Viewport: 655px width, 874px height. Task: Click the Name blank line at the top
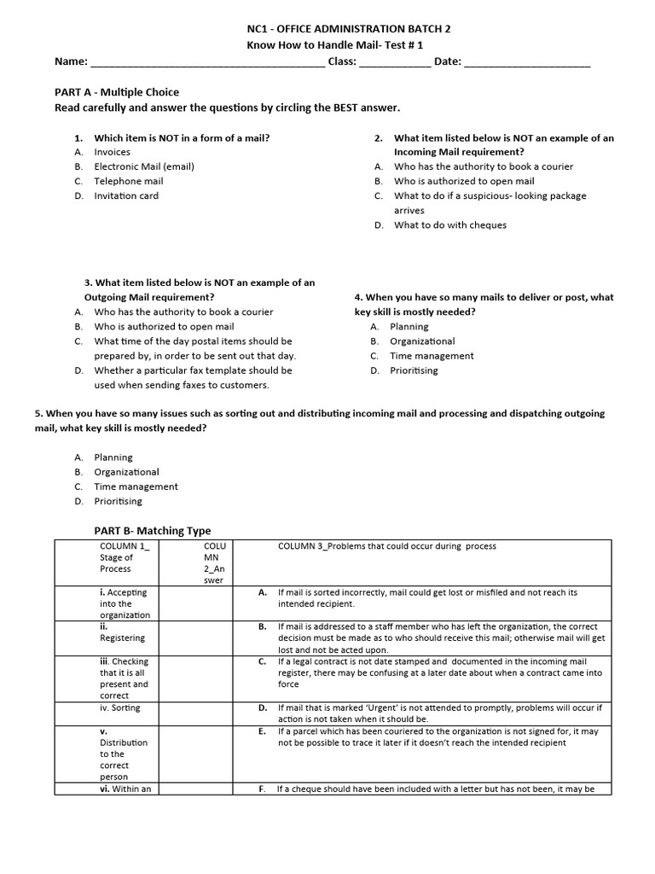click(206, 63)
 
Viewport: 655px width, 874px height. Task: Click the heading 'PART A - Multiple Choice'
click(117, 92)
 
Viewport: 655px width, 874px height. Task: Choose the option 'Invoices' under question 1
click(112, 152)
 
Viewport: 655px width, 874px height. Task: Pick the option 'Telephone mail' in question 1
click(128, 181)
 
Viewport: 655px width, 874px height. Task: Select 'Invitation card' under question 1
click(126, 195)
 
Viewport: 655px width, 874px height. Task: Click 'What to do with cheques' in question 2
click(449, 225)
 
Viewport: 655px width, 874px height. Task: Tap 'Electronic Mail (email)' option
click(144, 166)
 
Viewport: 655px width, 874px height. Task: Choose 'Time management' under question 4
click(432, 356)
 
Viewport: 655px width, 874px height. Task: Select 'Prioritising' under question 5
click(119, 501)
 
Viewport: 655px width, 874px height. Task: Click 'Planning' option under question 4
click(409, 327)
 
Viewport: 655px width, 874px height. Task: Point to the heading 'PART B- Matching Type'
click(152, 531)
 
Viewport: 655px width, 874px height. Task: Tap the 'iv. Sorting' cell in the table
click(120, 708)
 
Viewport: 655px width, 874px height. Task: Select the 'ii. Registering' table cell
click(122, 632)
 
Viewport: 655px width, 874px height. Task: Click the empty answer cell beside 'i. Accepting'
click(198, 603)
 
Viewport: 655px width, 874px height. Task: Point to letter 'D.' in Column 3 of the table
click(263, 708)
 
